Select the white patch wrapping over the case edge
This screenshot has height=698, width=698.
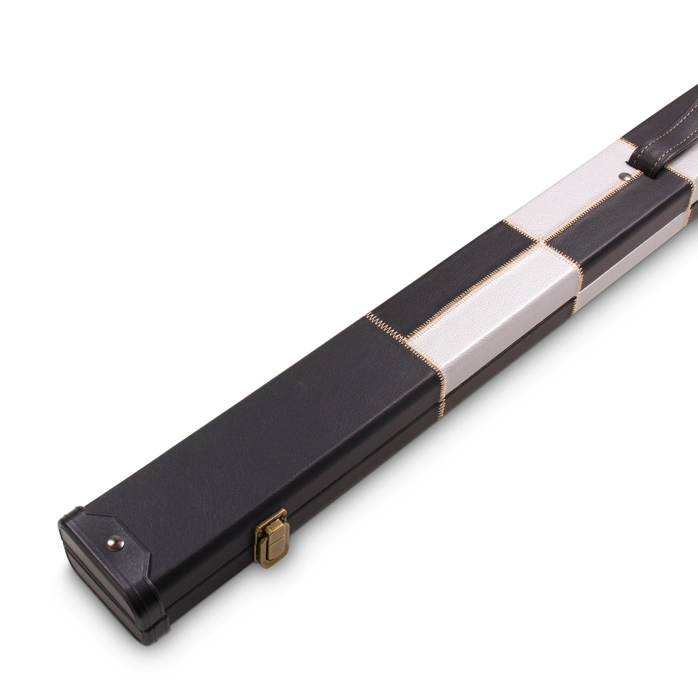click(x=489, y=310)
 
